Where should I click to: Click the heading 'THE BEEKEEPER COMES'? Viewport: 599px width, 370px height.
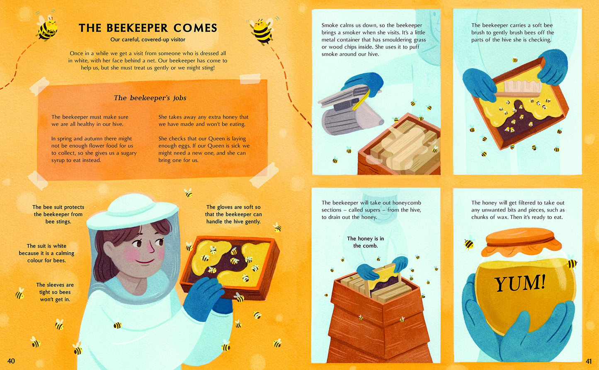148,28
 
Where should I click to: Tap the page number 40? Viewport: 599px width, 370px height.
11,361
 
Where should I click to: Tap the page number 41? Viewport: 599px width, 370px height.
589,361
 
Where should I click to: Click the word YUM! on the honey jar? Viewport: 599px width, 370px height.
520,284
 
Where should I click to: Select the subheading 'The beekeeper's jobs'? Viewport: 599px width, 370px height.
150,98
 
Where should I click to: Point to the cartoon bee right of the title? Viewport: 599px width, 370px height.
262,30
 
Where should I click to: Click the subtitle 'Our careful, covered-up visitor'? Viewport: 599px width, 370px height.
148,40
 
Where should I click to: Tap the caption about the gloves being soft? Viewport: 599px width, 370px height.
233,214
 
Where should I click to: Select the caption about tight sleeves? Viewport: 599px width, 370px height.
55,292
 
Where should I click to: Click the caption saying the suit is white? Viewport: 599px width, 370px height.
46,253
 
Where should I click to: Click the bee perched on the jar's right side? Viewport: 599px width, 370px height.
572,263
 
